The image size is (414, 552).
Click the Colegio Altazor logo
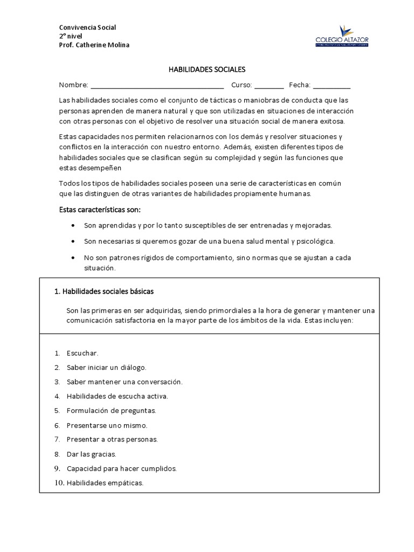point(342,37)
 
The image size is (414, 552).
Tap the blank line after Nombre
point(157,86)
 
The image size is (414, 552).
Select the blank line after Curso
point(269,86)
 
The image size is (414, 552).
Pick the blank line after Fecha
point(332,86)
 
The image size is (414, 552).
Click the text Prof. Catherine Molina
point(94,45)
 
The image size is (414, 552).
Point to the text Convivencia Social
point(87,27)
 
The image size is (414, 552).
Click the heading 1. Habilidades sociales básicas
point(104,292)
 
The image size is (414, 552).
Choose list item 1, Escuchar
point(82,354)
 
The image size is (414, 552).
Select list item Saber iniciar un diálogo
point(106,368)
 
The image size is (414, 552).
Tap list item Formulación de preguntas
point(111,411)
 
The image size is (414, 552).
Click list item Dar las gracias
point(91,454)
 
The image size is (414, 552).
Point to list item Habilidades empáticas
point(105,483)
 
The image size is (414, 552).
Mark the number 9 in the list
point(57,468)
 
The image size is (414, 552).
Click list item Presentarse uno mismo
point(107,425)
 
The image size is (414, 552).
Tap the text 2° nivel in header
point(71,36)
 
